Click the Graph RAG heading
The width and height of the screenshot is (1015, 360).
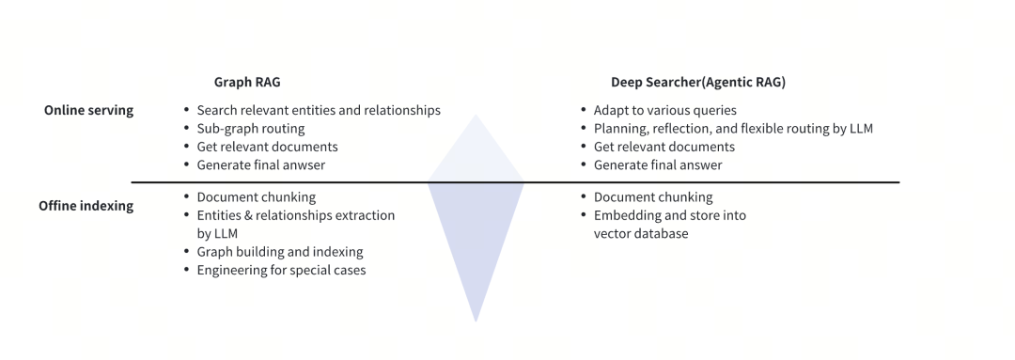click(247, 83)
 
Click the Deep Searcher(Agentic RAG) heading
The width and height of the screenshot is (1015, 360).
click(697, 83)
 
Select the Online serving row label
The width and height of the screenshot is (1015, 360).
click(88, 110)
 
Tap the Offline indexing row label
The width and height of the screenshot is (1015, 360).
click(86, 206)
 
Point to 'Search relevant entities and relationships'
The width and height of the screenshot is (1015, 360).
click(318, 110)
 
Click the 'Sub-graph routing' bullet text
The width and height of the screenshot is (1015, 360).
click(250, 128)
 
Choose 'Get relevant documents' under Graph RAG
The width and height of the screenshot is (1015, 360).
click(267, 147)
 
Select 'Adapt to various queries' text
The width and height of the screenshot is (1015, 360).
click(664, 110)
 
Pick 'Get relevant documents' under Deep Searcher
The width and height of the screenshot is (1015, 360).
click(664, 147)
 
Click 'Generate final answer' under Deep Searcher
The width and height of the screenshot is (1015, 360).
click(658, 165)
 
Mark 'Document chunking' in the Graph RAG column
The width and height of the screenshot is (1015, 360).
click(256, 197)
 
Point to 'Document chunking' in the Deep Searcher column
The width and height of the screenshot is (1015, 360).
click(652, 197)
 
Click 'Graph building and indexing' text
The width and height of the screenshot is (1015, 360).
click(279, 252)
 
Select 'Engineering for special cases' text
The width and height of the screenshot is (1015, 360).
click(281, 271)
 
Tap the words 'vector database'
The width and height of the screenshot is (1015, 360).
click(640, 234)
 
